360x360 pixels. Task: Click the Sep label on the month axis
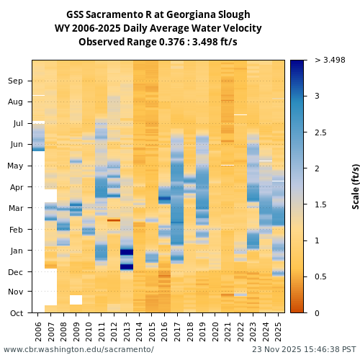pyautogui.click(x=15, y=81)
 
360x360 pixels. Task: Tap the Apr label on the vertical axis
pyautogui.click(x=16, y=187)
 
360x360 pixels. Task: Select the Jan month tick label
pyautogui.click(x=17, y=251)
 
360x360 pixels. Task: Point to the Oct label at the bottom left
pyautogui.click(x=16, y=313)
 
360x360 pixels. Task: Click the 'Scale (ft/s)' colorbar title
pyautogui.click(x=356, y=186)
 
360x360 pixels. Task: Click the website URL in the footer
pyautogui.click(x=78, y=350)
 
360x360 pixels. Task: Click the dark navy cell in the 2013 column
pyautogui.click(x=127, y=266)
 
